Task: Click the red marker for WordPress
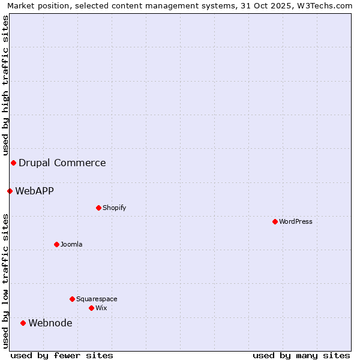(275, 221)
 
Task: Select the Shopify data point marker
(98, 208)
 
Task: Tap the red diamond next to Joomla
(56, 244)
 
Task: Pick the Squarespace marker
(72, 299)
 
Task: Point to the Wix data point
(91, 308)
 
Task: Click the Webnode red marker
(23, 323)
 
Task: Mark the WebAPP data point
(10, 191)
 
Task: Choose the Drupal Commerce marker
(13, 163)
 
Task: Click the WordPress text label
(296, 221)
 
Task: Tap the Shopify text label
(115, 208)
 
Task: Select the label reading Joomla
(71, 244)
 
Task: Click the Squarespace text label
(97, 299)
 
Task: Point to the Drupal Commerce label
(62, 163)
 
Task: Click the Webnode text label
(50, 323)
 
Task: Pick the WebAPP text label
(35, 191)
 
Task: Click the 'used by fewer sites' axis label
(62, 355)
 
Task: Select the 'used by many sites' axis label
(301, 355)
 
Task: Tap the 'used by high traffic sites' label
(5, 85)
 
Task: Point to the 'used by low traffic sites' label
(5, 280)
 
